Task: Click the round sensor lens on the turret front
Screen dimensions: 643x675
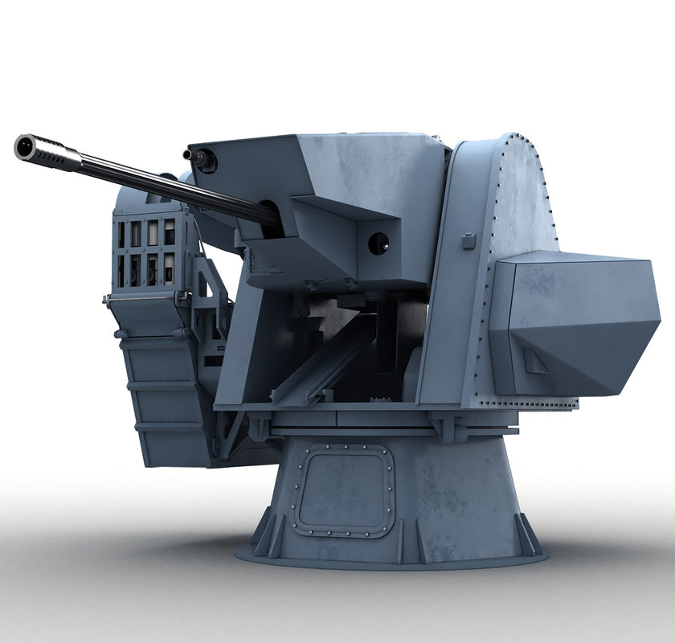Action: pyautogui.click(x=378, y=243)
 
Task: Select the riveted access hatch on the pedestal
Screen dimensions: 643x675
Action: pyautogui.click(x=342, y=490)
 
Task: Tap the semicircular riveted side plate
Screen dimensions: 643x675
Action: pyautogui.click(x=522, y=201)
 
